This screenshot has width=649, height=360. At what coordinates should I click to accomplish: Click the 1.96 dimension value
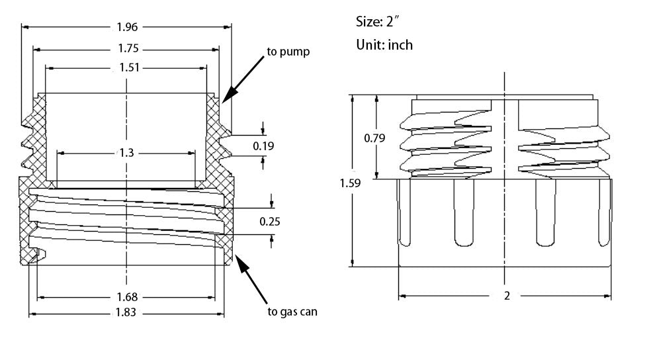(x=126, y=27)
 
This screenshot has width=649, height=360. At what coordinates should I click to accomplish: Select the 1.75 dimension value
(x=126, y=48)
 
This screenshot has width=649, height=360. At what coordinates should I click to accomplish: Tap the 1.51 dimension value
(x=126, y=67)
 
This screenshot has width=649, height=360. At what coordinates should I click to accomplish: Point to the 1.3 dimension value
(x=126, y=153)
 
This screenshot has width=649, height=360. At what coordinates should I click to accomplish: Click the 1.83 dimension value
(x=126, y=314)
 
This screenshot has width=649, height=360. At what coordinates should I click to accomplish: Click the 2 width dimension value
(x=507, y=296)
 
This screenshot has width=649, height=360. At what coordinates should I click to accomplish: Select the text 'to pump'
(x=288, y=51)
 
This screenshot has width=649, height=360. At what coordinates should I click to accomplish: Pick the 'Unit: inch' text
(x=384, y=45)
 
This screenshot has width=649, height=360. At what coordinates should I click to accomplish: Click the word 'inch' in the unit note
(x=400, y=45)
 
